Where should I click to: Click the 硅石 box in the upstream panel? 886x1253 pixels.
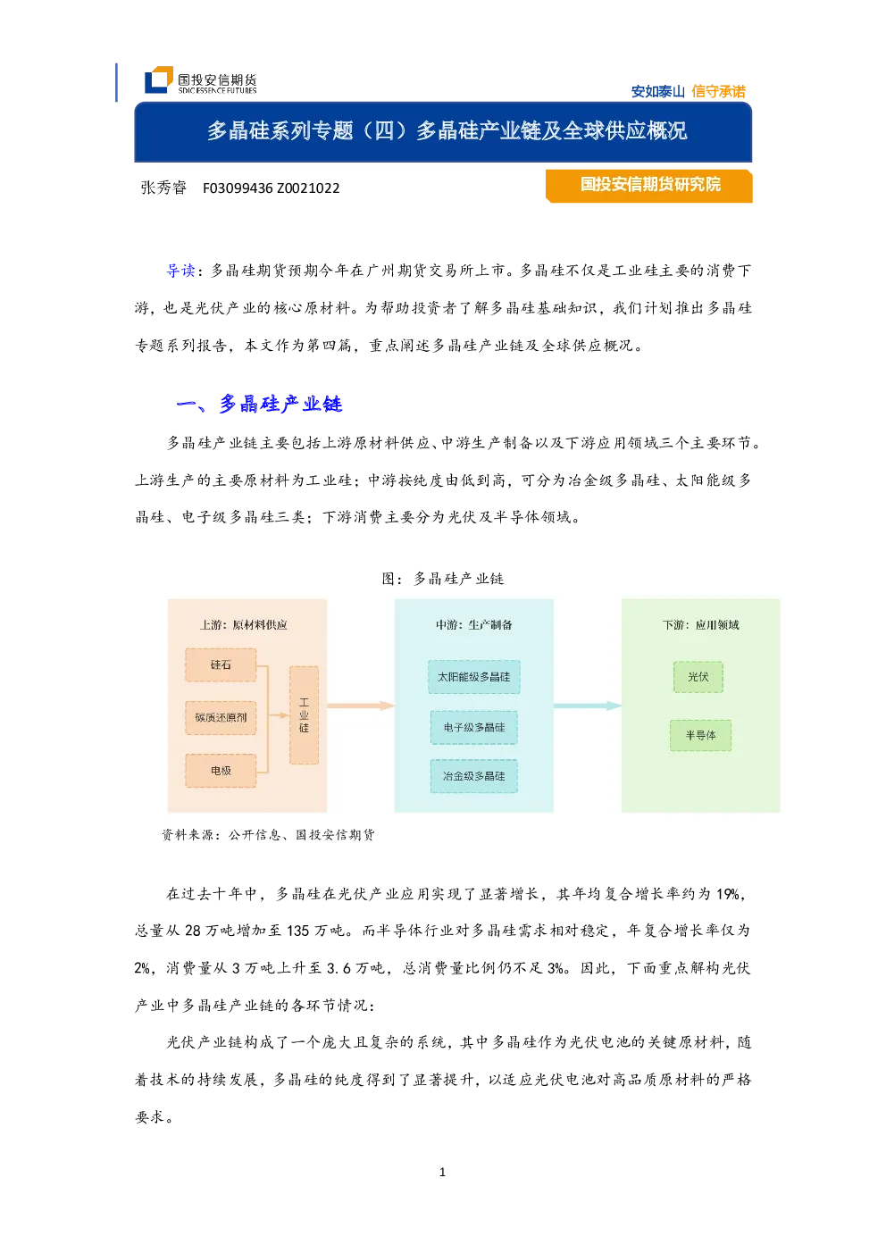[221, 664]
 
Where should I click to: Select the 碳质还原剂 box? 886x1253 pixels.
[221, 717]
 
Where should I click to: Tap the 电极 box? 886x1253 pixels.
[221, 770]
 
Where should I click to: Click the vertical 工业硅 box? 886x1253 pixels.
[304, 714]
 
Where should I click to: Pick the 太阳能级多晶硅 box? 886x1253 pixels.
[473, 677]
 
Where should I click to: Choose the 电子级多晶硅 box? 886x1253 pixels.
[473, 727]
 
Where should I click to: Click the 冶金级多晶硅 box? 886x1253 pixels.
[473, 776]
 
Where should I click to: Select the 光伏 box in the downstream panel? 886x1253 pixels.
[698, 677]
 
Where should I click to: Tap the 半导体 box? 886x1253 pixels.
[700, 735]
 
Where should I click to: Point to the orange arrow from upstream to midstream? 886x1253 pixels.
[361, 706]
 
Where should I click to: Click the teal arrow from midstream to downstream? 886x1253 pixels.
[588, 706]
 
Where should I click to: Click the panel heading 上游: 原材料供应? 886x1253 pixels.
[244, 625]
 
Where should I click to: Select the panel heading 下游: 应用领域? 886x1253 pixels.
[700, 625]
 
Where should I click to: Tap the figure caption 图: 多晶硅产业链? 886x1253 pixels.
[443, 579]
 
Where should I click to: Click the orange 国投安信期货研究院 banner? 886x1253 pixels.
[648, 186]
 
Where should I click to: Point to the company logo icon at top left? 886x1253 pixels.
[158, 79]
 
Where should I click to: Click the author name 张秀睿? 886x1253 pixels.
[163, 188]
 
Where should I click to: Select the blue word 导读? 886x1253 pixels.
[180, 271]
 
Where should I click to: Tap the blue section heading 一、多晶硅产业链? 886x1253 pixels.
[260, 404]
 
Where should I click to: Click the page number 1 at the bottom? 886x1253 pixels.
[442, 1172]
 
